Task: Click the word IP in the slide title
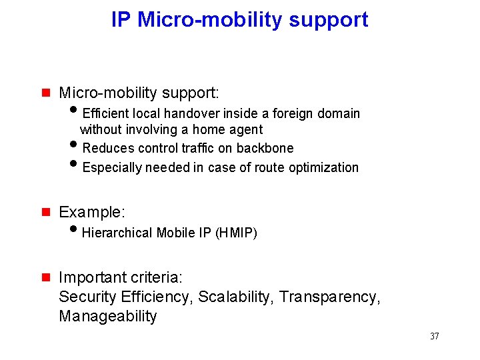coord(121,20)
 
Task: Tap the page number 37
coord(434,336)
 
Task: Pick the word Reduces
coord(106,148)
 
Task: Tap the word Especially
coord(110,167)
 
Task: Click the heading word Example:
coord(92,213)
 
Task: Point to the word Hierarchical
coord(117,233)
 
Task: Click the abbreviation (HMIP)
coord(237,233)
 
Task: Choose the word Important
coord(91,277)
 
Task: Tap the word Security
coord(87,297)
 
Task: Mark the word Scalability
coord(236,297)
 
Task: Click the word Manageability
coord(108,316)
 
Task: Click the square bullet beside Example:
coord(46,213)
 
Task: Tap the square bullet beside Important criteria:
coord(46,277)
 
